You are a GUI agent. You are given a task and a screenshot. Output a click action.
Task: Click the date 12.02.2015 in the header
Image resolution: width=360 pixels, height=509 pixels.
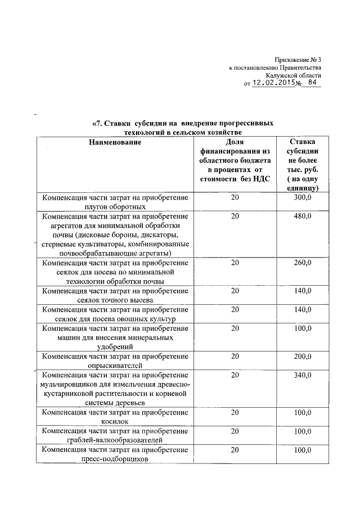coord(273,82)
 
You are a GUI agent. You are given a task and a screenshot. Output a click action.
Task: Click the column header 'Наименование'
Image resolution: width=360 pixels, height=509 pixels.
coord(115,143)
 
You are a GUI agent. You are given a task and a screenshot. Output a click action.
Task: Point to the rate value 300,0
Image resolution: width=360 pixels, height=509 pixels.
coord(303,198)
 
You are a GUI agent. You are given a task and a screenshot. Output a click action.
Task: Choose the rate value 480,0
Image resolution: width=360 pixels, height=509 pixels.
coord(303,215)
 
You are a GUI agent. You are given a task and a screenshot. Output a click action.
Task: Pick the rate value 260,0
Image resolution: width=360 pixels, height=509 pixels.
coord(303,263)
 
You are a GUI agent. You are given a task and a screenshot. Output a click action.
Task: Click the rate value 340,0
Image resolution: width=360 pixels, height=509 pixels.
coord(303,375)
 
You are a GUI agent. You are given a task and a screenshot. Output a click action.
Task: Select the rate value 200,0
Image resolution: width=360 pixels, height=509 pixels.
coord(303,356)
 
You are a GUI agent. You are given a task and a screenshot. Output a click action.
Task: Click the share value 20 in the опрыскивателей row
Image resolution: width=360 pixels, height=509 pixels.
coord(235,356)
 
